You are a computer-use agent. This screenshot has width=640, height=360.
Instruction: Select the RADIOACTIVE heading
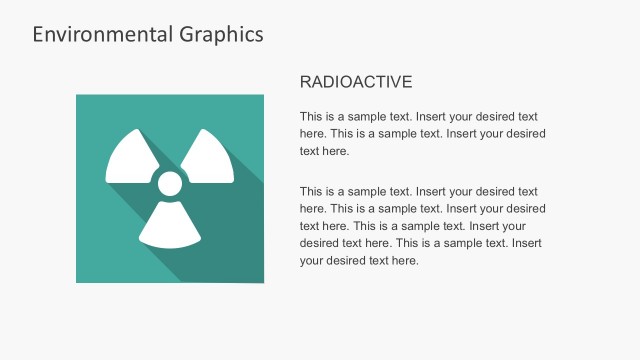point(356,82)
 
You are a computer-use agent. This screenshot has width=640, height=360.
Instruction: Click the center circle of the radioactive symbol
point(170,183)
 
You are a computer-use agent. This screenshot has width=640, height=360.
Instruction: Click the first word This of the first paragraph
point(311,115)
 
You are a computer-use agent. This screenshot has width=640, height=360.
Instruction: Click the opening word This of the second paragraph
point(311,191)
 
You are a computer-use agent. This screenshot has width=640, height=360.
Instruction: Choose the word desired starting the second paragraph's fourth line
point(320,243)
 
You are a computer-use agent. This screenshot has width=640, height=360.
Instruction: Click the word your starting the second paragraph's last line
point(312,261)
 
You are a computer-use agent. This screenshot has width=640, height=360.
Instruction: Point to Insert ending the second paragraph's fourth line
point(527,243)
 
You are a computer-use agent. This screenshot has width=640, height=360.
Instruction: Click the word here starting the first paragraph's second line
point(313,133)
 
